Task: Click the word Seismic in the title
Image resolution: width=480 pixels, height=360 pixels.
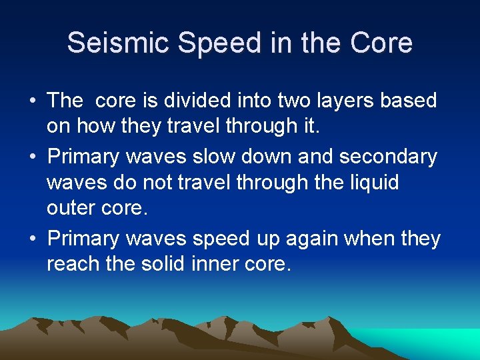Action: click(x=110, y=43)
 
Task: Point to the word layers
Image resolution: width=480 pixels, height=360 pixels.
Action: click(x=340, y=101)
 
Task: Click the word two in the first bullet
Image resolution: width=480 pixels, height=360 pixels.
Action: click(x=286, y=101)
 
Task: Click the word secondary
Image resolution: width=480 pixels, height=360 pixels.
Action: click(x=388, y=157)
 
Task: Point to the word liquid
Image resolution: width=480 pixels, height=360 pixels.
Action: click(x=371, y=183)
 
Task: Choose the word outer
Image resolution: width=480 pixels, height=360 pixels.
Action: click(x=70, y=207)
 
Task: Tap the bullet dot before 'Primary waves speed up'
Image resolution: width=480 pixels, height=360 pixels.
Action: click(x=32, y=239)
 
